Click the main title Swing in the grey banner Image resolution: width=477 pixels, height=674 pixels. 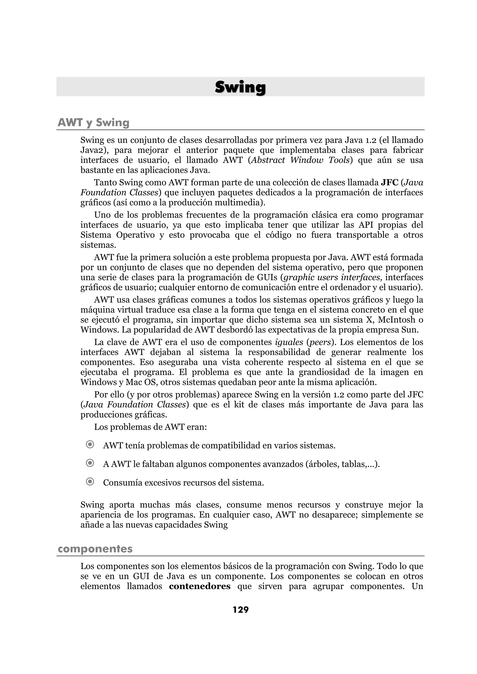click(x=240, y=87)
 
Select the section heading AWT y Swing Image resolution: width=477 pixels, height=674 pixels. click(x=93, y=122)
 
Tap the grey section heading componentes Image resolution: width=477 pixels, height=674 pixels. click(x=95, y=548)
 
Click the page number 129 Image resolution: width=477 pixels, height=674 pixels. click(x=241, y=610)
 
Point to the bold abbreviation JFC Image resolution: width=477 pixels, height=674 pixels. click(x=389, y=183)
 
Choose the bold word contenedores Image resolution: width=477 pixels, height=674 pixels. click(x=200, y=586)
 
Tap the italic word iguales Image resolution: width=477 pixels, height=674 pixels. click(x=289, y=342)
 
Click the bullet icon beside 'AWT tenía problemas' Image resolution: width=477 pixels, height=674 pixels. click(x=90, y=445)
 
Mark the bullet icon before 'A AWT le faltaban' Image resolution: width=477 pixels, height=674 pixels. click(x=90, y=463)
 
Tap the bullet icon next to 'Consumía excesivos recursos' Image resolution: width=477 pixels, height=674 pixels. click(x=90, y=482)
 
